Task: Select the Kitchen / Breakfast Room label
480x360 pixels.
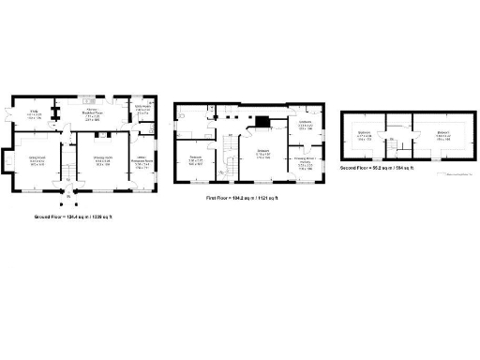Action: pos(92,116)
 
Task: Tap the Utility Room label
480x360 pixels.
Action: pos(142,111)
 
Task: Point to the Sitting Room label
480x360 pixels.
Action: pos(37,160)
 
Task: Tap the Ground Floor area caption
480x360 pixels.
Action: pos(73,217)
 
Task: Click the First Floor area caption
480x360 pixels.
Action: pos(241,198)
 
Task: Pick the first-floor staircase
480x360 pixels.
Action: pos(228,167)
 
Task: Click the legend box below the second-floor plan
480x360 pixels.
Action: pos(457,172)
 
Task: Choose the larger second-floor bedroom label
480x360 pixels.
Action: pos(442,135)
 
